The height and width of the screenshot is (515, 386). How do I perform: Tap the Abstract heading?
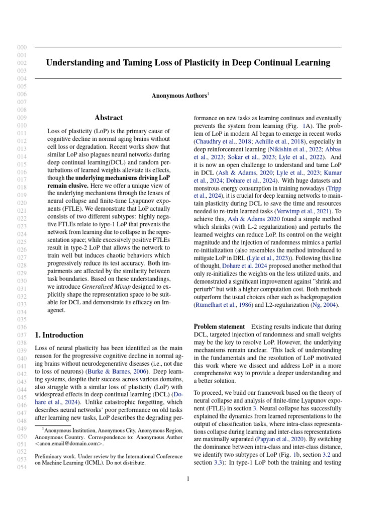pos(109,118)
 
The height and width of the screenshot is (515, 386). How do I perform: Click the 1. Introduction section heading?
pos(59,335)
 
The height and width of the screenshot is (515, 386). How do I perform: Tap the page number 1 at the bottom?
pos(188,479)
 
